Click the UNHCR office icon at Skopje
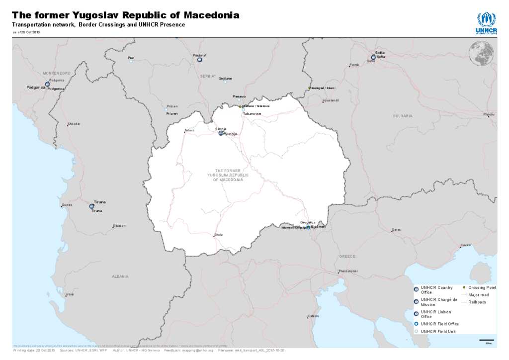click(221, 133)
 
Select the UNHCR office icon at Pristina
click(199, 60)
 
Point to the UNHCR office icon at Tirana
click(91, 206)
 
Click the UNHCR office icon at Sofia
click(373, 57)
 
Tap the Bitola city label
click(218, 235)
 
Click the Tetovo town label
click(189, 131)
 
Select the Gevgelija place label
click(308, 222)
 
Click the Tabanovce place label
click(252, 114)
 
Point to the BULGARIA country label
click(403, 116)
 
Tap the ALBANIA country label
click(120, 276)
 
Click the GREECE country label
click(347, 256)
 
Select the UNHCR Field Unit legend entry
click(437, 331)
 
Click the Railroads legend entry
click(477, 302)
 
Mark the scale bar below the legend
click(486, 341)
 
